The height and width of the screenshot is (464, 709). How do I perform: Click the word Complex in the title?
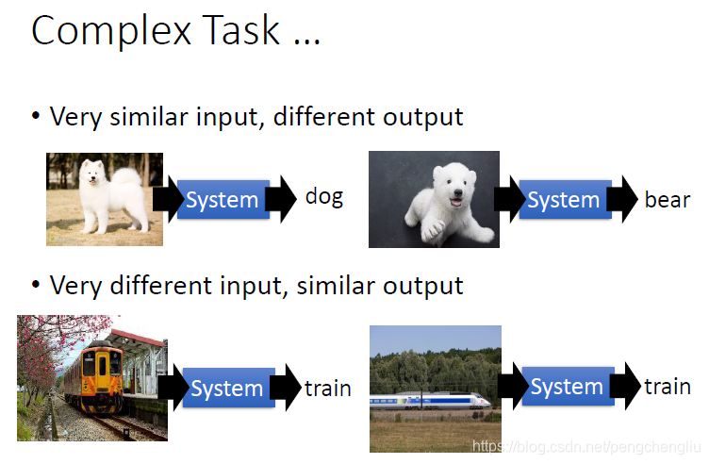click(111, 31)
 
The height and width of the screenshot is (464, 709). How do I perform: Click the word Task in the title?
click(241, 30)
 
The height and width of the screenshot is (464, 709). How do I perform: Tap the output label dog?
click(324, 198)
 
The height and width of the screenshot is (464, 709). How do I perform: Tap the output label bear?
click(668, 199)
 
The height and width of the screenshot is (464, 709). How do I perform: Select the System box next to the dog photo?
click(223, 199)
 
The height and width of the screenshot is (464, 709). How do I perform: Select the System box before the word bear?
click(565, 199)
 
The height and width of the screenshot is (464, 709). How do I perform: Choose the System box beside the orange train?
click(228, 388)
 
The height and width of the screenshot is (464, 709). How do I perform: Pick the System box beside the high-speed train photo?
click(568, 386)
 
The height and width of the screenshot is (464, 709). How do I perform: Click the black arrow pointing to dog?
click(281, 199)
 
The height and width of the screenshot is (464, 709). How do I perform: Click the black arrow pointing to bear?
click(622, 199)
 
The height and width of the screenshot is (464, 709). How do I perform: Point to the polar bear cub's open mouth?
click(456, 200)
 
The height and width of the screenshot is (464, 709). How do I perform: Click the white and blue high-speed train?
click(430, 401)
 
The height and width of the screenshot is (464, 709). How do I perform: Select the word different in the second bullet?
click(161, 286)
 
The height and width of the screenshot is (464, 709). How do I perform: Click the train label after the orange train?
click(328, 389)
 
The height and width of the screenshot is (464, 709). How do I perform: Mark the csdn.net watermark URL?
click(586, 447)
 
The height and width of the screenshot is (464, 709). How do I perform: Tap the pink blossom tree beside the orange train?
click(50, 343)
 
